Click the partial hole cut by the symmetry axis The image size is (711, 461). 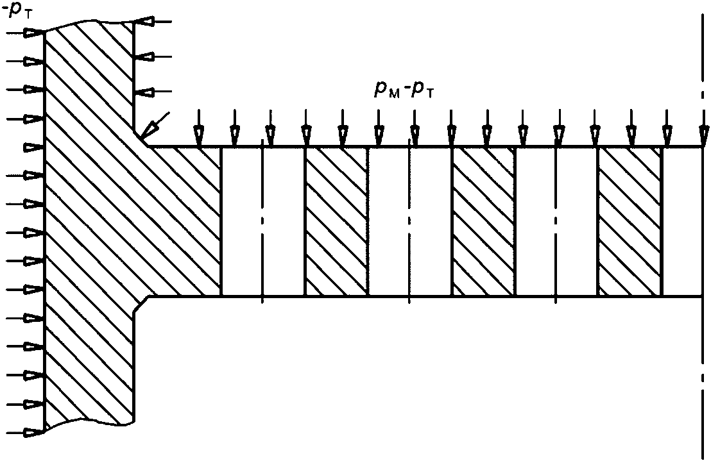681,221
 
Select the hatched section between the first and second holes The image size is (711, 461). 336,221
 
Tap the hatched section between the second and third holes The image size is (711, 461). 483,221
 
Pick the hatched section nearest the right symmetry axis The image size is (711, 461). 630,221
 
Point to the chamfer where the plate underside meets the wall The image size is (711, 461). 142,305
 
